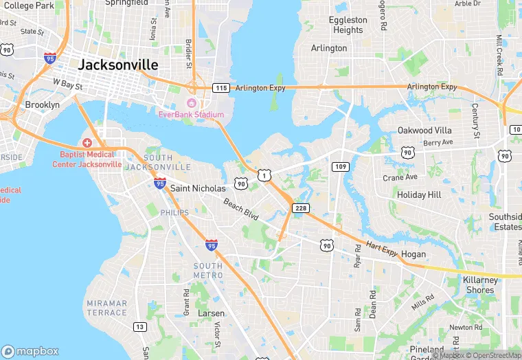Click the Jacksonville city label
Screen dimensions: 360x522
point(118,65)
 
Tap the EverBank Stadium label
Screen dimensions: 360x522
point(191,114)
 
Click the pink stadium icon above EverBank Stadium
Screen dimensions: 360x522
point(191,102)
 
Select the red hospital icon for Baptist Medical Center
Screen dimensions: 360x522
point(87,142)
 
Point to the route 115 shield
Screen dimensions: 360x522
point(220,88)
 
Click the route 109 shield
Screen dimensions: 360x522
point(341,167)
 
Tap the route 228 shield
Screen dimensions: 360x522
point(300,208)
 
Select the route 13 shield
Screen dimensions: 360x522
point(140,326)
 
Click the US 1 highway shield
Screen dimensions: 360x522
point(264,177)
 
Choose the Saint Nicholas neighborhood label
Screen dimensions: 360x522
point(197,188)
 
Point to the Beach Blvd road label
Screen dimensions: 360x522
point(241,211)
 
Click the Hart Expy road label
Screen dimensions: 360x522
point(382,249)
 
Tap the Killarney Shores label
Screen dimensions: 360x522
point(479,285)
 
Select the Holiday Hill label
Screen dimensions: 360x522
point(419,195)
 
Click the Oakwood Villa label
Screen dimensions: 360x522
point(424,131)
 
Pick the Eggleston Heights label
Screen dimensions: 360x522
point(348,25)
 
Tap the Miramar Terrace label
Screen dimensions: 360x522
point(107,308)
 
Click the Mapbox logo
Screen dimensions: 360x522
point(31,350)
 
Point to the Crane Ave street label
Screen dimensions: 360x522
point(400,177)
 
